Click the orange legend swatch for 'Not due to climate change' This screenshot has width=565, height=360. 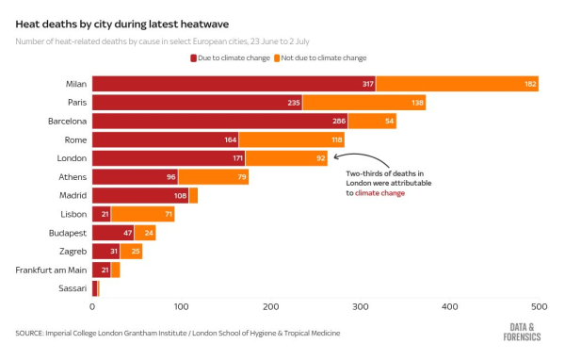(277, 58)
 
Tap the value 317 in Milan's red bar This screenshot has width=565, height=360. (366, 84)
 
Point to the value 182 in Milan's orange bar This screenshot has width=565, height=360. (530, 84)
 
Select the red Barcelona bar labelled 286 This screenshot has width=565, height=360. (219, 122)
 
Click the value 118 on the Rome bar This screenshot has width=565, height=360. (335, 139)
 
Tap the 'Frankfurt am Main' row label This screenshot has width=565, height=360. (52, 270)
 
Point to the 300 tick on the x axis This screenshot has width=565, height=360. (361, 307)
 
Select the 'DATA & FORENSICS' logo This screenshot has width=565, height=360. (524, 330)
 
